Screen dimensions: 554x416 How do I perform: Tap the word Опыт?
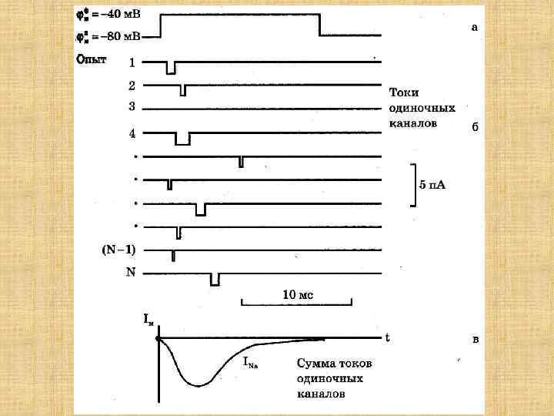tap(91, 59)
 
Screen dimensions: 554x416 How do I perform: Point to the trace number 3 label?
tap(132, 106)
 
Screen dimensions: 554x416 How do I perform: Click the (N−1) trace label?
tap(118, 250)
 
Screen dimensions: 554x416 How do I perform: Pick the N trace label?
tap(130, 272)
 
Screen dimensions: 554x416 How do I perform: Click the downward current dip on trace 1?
tap(171, 69)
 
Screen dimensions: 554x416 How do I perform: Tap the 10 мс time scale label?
tap(297, 294)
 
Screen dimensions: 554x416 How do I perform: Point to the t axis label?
tap(387, 337)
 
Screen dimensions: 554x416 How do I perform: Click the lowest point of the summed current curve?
tap(199, 385)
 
